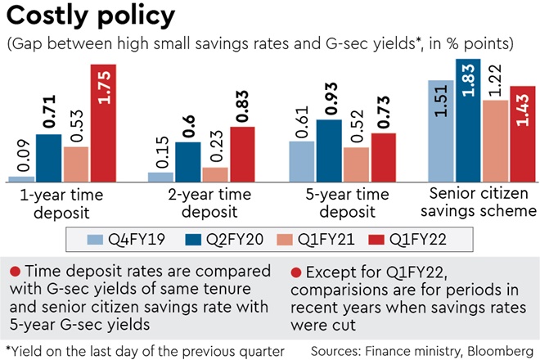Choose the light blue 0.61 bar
pos(302,160)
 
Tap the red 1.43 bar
pos(522,133)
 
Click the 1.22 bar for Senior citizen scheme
pos(495,140)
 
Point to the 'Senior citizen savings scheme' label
pos(478,205)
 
